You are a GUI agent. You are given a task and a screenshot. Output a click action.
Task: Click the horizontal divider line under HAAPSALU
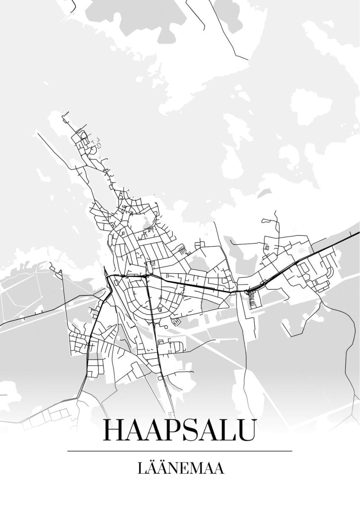pyautogui.click(x=180, y=451)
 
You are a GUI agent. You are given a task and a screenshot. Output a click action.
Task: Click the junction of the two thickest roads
pyautogui.click(x=147, y=276)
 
